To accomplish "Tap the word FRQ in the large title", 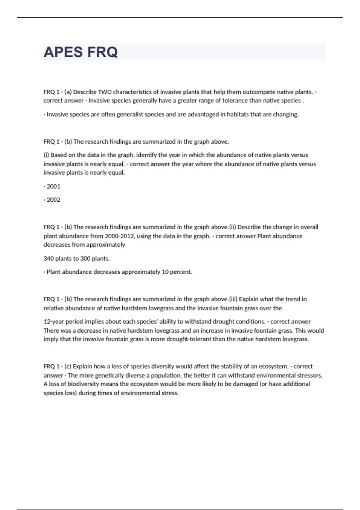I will tap(103, 52).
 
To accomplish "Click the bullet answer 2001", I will tap(53, 186).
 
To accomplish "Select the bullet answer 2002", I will tap(53, 200).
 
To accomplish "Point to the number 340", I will tap(49, 258).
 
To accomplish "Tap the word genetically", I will tap(109, 375).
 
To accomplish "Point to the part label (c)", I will tap(68, 366).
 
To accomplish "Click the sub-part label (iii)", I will tap(233, 299).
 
